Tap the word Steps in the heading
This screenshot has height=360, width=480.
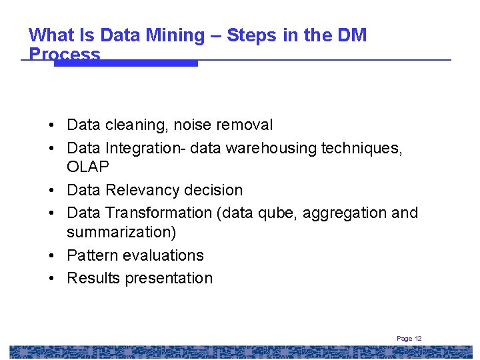point(251,35)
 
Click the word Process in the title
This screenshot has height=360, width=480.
point(65,55)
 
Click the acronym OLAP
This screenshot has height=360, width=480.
point(88,166)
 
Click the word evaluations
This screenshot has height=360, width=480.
point(163,255)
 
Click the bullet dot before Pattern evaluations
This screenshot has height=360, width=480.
point(51,255)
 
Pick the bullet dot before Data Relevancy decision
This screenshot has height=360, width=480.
point(51,190)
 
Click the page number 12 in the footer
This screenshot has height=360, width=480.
point(418,339)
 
